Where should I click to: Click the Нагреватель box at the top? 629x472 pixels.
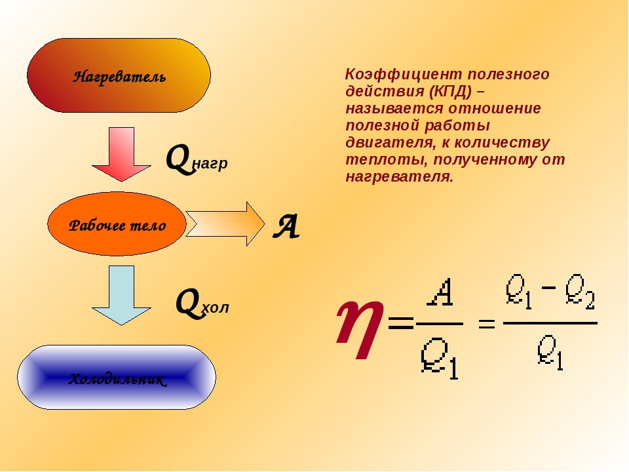click(x=119, y=75)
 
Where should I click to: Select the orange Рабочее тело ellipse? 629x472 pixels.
click(x=117, y=224)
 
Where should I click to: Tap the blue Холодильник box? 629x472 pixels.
click(x=117, y=378)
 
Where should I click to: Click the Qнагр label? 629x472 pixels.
click(x=196, y=159)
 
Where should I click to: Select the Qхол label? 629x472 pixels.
click(x=202, y=304)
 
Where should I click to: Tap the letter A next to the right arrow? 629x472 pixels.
click(x=286, y=227)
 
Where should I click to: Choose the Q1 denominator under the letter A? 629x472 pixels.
click(x=440, y=358)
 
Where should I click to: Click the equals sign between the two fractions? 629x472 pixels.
click(x=486, y=323)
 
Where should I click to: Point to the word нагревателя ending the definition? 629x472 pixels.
click(x=398, y=177)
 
